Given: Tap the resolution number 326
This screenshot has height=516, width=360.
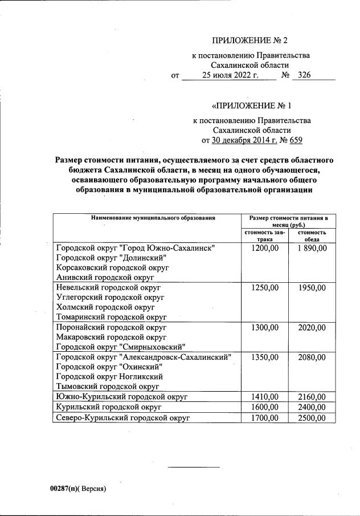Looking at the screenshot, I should click(x=304, y=75).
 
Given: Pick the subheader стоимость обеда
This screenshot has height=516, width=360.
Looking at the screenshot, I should click(x=312, y=236).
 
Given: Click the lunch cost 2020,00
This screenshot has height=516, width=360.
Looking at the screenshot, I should click(x=312, y=328).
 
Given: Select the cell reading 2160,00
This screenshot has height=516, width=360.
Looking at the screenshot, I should click(x=312, y=397).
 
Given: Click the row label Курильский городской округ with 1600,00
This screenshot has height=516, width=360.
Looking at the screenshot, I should click(x=109, y=407).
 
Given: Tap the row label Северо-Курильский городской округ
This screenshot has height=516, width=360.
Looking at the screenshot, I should click(x=122, y=418).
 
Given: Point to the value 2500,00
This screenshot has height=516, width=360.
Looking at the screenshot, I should click(x=312, y=418).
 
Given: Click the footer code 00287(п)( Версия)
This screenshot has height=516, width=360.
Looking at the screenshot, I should click(x=79, y=489).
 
